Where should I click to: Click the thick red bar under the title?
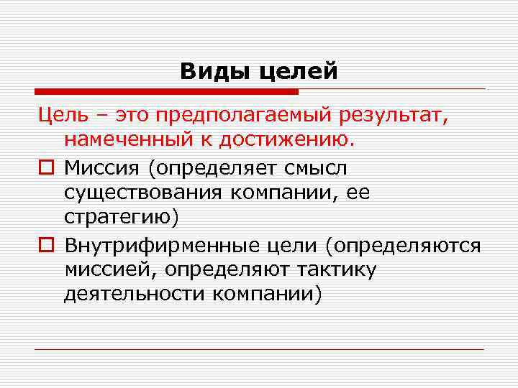click(x=166, y=92)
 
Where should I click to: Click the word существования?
click(x=145, y=193)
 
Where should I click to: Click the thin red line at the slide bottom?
click(x=259, y=350)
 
